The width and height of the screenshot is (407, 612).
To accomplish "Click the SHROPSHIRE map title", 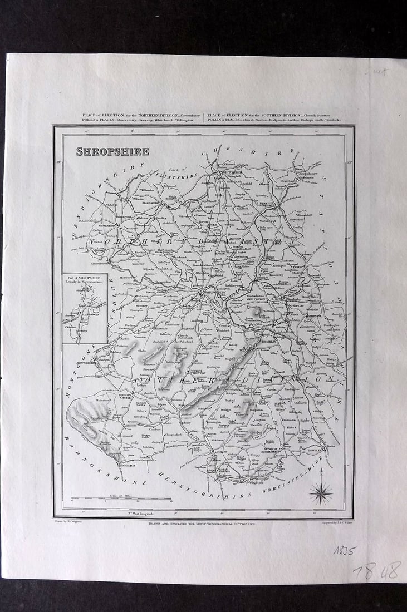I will [112, 151].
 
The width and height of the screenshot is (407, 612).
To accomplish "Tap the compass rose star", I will [321, 492].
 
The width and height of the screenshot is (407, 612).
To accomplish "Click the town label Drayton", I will [268, 204].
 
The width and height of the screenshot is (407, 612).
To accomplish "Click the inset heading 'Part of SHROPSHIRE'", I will [84, 279].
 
